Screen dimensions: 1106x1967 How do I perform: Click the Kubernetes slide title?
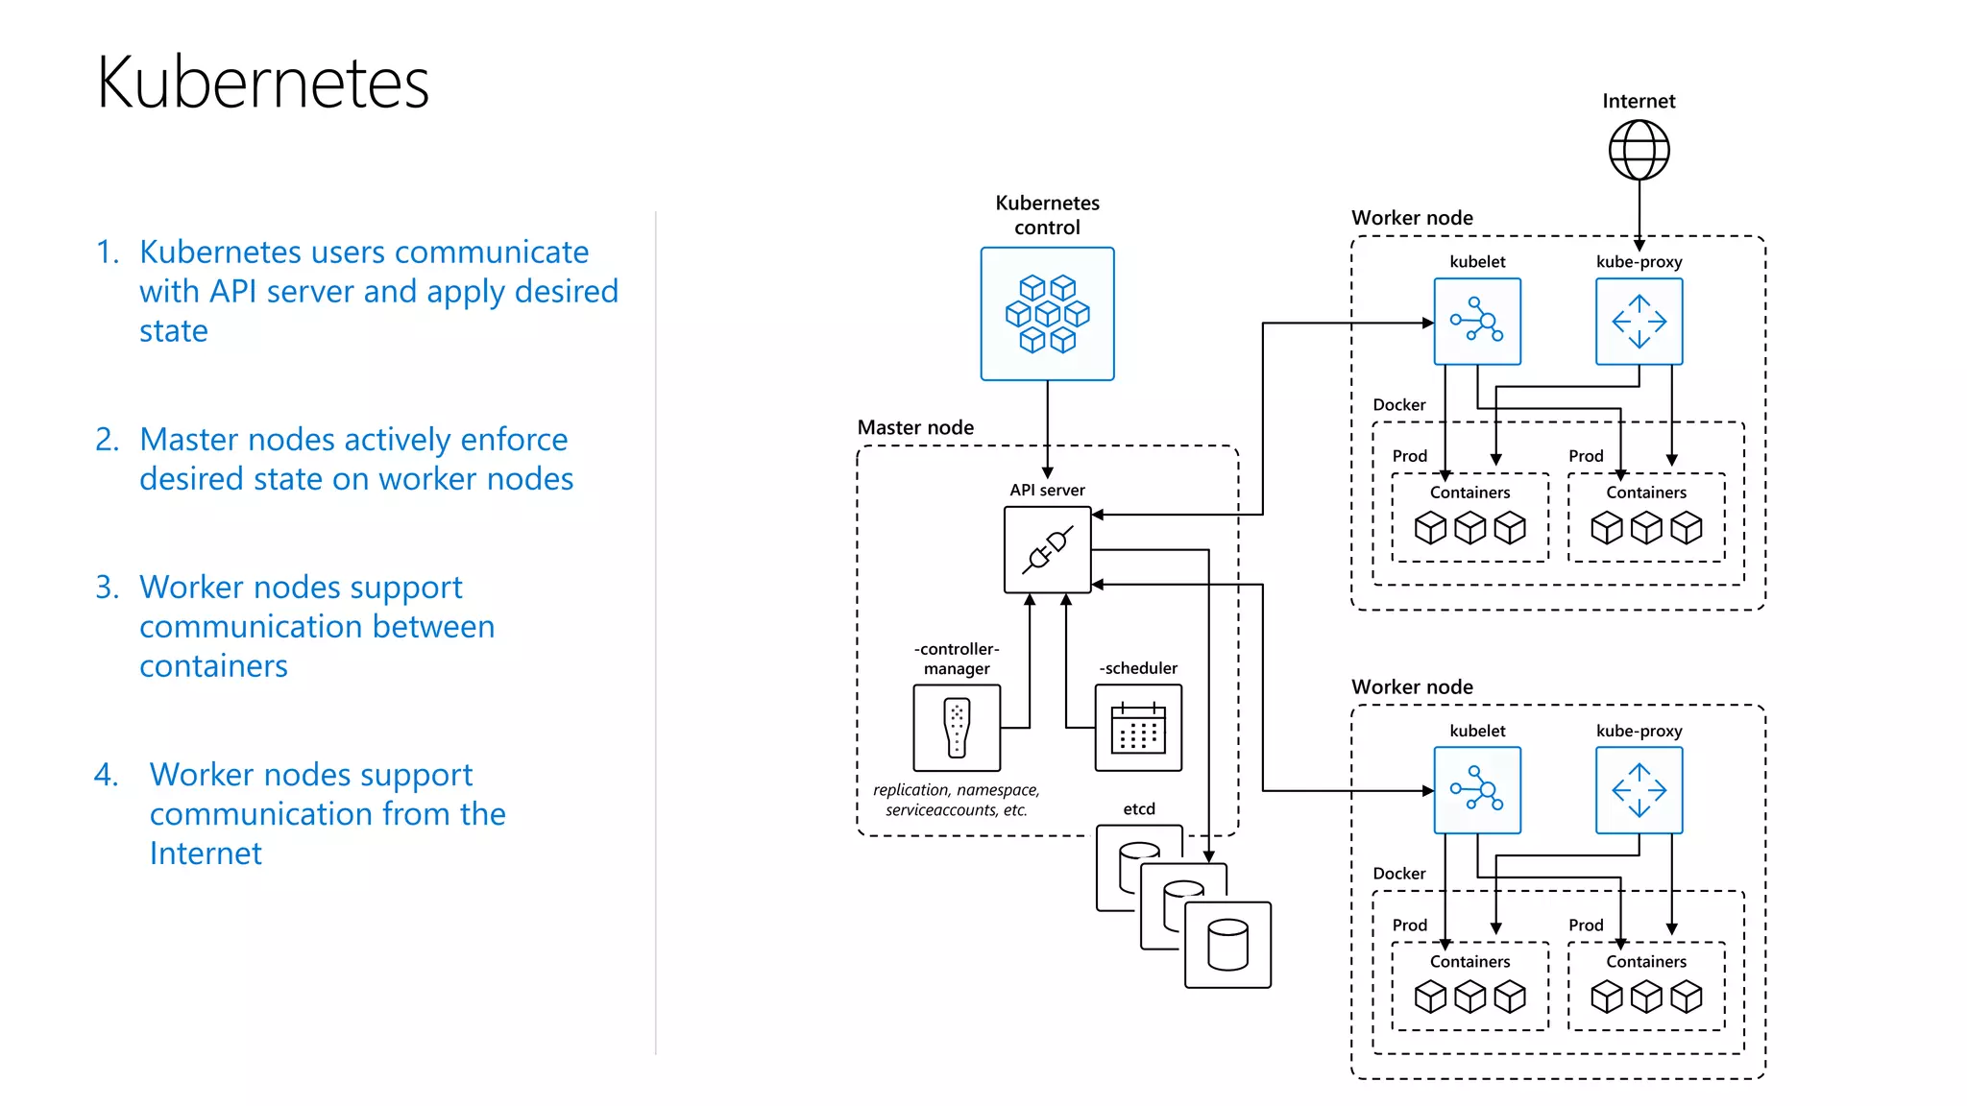click(262, 83)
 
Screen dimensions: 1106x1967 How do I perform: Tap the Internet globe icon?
click(1639, 150)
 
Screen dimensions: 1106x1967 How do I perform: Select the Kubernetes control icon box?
click(1047, 314)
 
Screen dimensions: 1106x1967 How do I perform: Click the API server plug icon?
click(1047, 550)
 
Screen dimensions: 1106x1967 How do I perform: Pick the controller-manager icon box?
click(957, 728)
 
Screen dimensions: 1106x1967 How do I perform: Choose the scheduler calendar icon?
click(1138, 728)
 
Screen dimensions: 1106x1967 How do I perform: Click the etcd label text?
click(1139, 809)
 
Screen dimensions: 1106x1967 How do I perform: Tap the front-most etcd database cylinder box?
click(1227, 945)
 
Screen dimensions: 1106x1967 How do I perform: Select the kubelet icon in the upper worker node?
click(1477, 322)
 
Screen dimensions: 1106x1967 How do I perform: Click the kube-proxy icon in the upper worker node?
click(1639, 322)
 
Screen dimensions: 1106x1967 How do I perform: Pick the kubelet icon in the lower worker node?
click(1477, 790)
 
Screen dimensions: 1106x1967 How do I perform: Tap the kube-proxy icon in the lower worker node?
click(1639, 790)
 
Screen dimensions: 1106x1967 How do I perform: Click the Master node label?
click(915, 427)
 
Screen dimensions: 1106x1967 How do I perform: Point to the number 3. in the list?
click(108, 587)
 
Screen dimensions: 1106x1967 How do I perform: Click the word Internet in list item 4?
click(206, 854)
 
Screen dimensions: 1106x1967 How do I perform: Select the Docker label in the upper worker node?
click(1398, 405)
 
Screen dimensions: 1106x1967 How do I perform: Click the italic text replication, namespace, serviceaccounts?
click(956, 800)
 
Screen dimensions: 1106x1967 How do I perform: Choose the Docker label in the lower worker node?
click(1398, 874)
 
